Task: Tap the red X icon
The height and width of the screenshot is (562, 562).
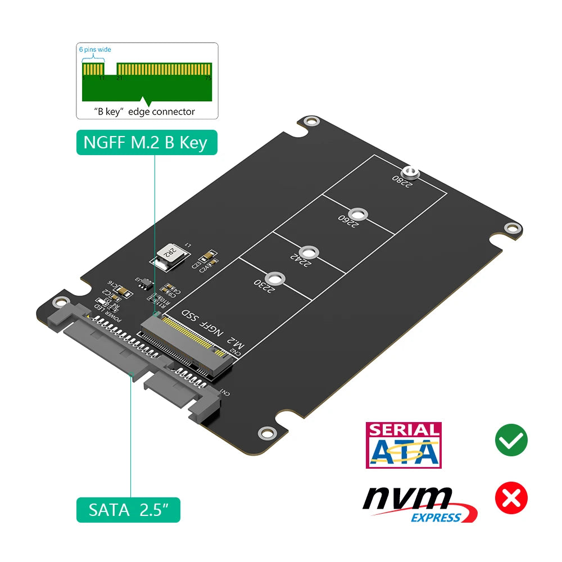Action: pos(511,498)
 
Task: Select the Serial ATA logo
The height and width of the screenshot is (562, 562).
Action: pos(404,445)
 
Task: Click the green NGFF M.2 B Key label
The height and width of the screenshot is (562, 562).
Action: pos(146,142)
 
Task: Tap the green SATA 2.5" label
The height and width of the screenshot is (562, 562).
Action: pos(128,510)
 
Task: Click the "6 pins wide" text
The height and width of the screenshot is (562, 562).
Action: pos(95,49)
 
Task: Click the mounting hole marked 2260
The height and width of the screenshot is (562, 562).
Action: pos(357,214)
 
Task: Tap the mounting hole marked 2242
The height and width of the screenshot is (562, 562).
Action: pos(306,251)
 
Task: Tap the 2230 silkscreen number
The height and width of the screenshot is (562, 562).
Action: pos(264,287)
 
